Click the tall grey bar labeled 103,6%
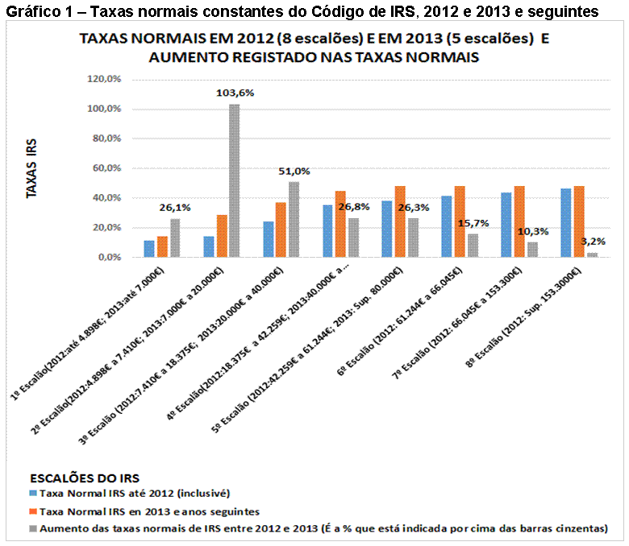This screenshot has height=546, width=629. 235,180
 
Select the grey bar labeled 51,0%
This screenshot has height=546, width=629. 293,219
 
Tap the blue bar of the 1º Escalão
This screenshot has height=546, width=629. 149,249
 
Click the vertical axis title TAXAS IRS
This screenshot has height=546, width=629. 32,168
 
